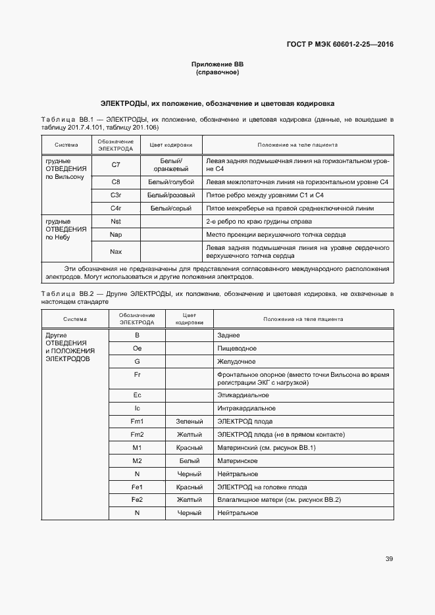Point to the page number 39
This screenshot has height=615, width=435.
(x=389, y=559)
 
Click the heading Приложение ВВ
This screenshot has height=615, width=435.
(x=217, y=64)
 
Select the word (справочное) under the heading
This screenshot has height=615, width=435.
(x=217, y=72)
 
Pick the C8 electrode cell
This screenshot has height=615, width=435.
(x=116, y=182)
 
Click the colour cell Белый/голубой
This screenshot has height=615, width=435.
(x=171, y=182)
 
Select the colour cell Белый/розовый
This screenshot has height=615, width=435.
(x=171, y=195)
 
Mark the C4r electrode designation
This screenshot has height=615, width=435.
(x=116, y=209)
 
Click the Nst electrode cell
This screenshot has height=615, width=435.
(x=116, y=222)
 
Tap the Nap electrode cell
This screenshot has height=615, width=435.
(x=116, y=235)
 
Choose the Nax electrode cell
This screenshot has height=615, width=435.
(x=116, y=251)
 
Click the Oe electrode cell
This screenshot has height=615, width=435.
(x=137, y=349)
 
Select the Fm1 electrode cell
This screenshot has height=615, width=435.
(x=137, y=421)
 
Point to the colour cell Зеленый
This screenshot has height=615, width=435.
(x=189, y=421)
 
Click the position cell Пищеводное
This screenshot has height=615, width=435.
(x=236, y=349)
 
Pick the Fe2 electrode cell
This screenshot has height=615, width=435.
(x=137, y=500)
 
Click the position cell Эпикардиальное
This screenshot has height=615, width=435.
(x=242, y=395)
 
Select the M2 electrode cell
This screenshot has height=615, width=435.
(x=137, y=460)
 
